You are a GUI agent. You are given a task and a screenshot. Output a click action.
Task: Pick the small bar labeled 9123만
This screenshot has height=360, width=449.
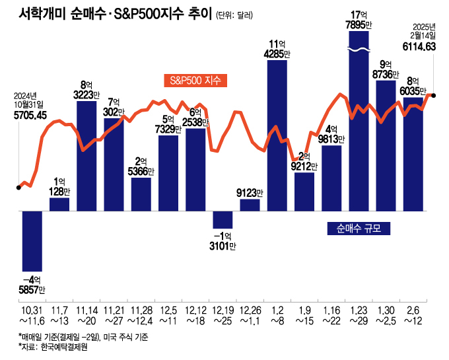click(250, 204)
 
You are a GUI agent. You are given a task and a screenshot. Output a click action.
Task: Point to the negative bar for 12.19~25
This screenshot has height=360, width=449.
click(223, 219)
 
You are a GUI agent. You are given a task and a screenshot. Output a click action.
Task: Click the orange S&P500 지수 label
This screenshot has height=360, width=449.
click(195, 81)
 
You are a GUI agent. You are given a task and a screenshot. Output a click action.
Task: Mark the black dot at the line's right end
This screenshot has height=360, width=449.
click(433, 95)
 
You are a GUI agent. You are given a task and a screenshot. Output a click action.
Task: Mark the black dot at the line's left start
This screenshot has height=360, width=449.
click(18, 188)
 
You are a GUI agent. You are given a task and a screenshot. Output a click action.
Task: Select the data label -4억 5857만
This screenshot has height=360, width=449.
click(32, 283)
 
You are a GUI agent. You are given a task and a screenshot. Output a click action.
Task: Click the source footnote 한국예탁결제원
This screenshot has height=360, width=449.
click(64, 347)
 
